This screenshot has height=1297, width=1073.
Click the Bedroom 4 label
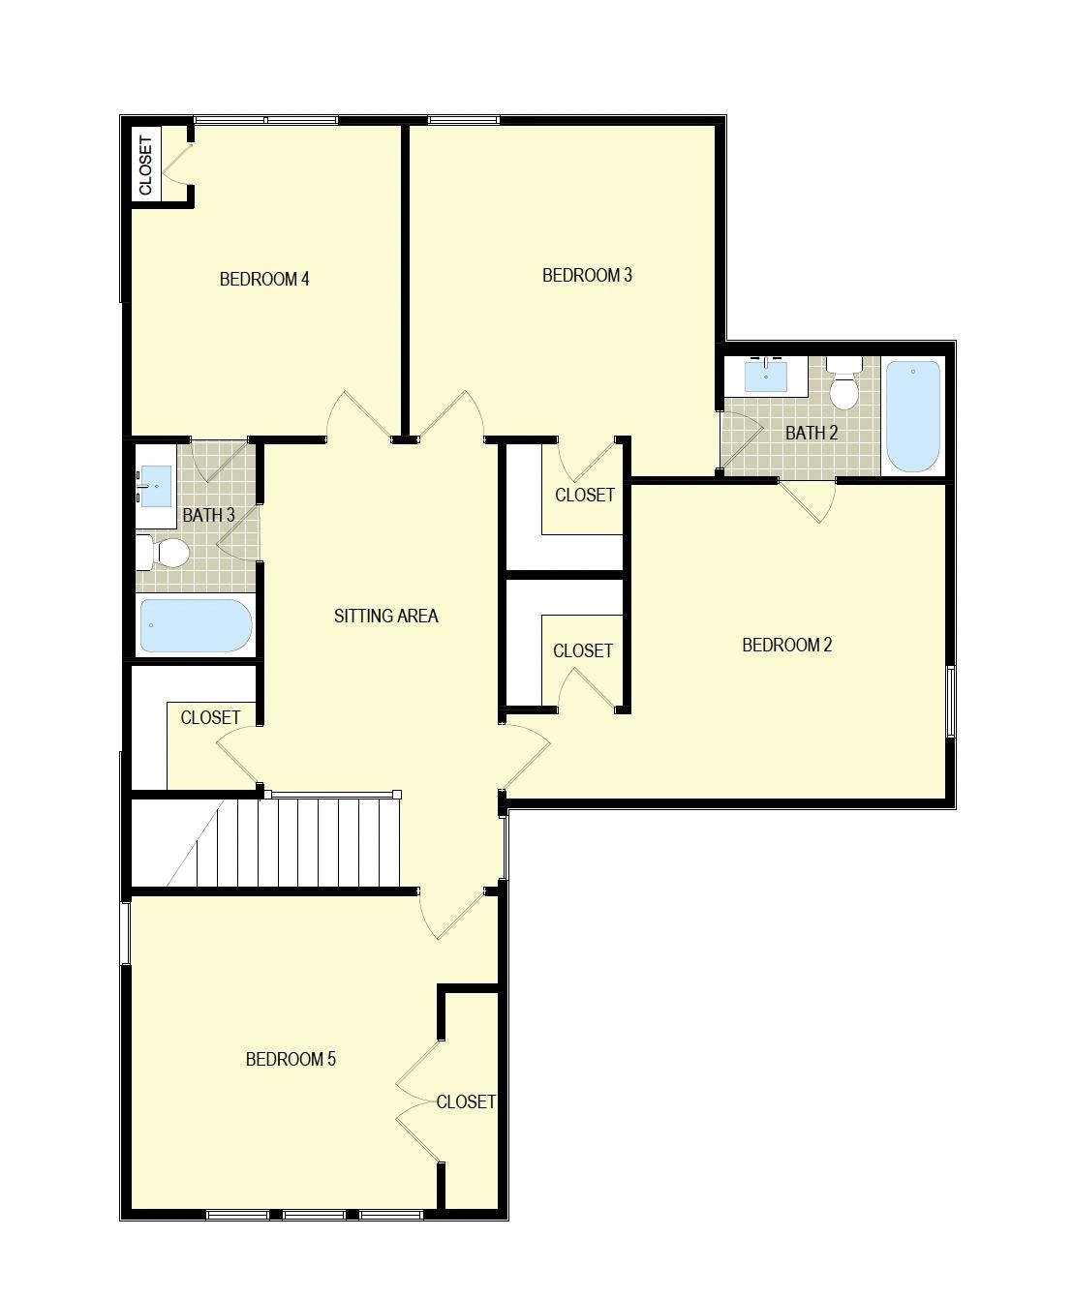point(264,279)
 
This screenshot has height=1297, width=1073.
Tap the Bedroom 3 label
point(587,275)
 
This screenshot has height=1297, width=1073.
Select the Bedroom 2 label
point(786,645)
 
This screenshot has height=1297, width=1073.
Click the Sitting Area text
point(386,616)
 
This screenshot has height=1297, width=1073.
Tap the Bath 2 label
point(812,433)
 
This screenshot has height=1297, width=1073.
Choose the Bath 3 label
point(208,515)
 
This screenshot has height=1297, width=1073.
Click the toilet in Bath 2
point(843,382)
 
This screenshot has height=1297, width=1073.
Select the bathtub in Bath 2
point(912,417)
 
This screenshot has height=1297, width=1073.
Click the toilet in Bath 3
point(163,553)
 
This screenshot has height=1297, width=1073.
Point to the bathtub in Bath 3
point(196,625)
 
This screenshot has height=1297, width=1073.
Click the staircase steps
point(297,842)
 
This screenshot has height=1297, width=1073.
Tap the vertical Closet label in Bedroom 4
point(146,166)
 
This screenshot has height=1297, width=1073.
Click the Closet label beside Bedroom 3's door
point(584,495)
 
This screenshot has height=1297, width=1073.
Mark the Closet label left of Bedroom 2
point(583,651)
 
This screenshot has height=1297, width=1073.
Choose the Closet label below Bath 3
point(210,717)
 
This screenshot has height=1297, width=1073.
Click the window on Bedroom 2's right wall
point(951,702)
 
